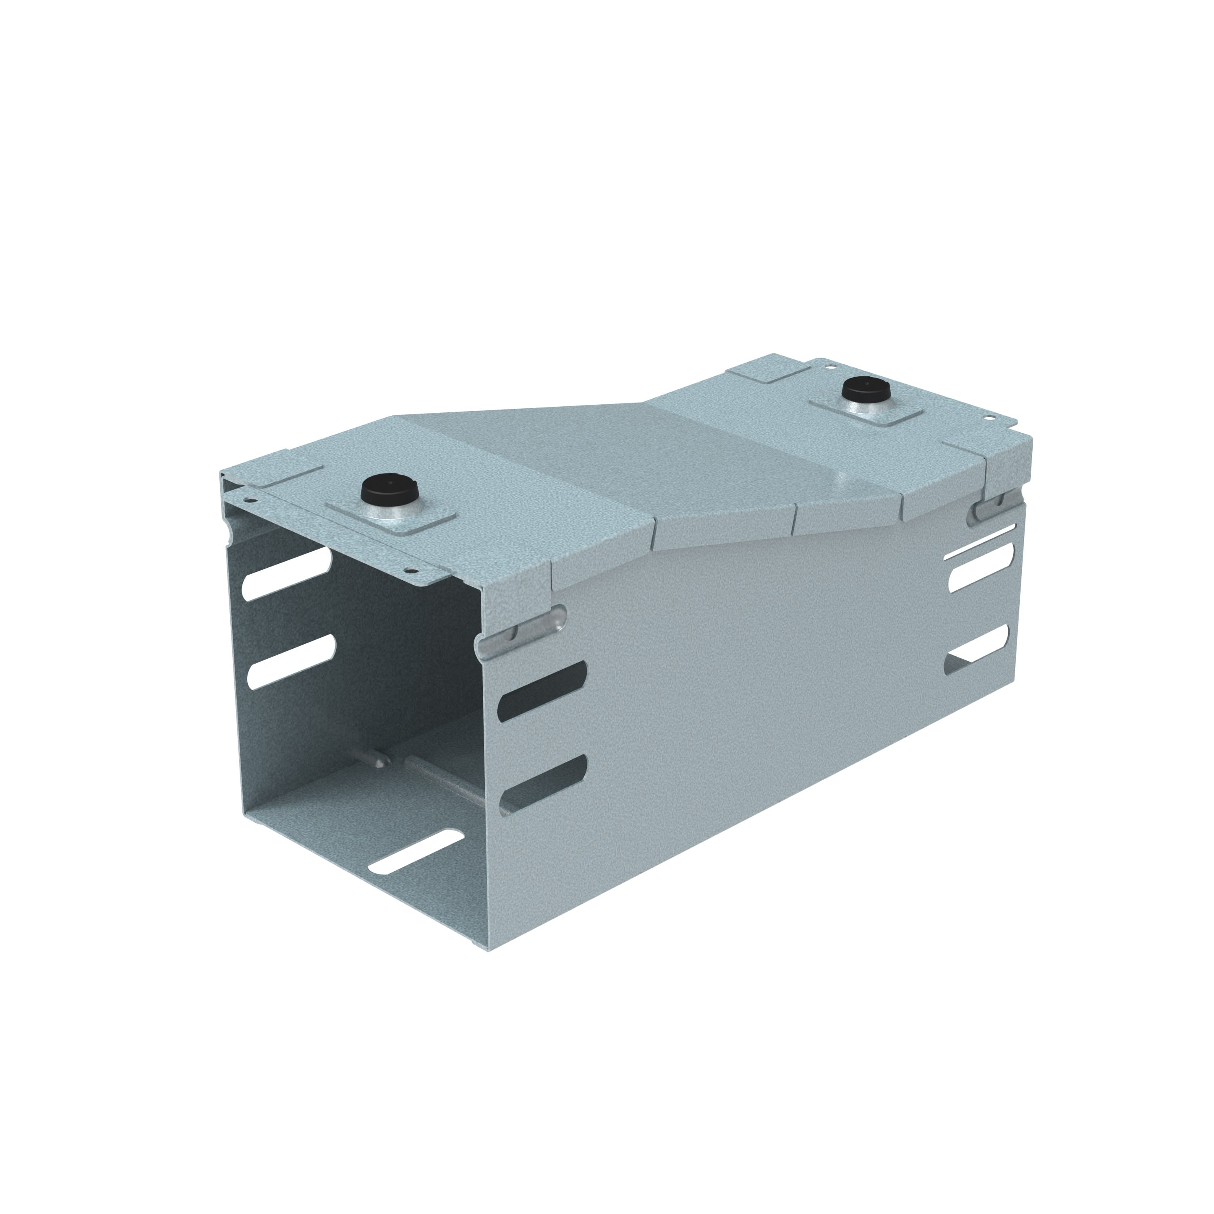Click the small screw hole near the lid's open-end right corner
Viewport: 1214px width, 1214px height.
pyautogui.click(x=409, y=572)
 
